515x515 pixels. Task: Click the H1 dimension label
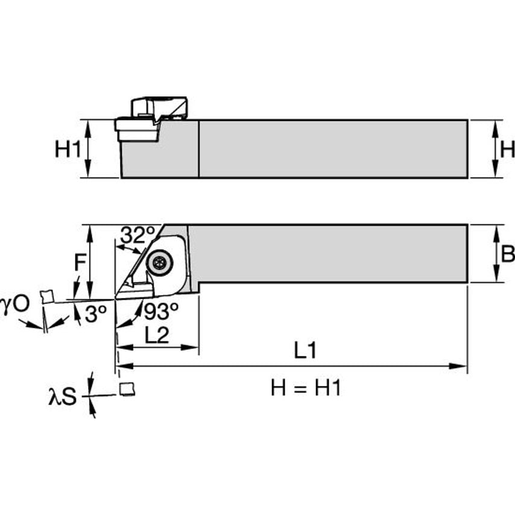pyautogui.click(x=68, y=149)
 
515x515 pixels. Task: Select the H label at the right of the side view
pyautogui.click(x=507, y=149)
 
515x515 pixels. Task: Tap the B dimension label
pyautogui.click(x=508, y=254)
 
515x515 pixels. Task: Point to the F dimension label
pyautogui.click(x=80, y=262)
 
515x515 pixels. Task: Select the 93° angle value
pyautogui.click(x=161, y=312)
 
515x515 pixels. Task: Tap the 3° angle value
pyautogui.click(x=95, y=314)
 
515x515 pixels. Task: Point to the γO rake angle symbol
pyautogui.click(x=14, y=303)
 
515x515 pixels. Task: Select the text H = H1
pyautogui.click(x=306, y=388)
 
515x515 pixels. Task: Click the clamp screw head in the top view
pyautogui.click(x=160, y=262)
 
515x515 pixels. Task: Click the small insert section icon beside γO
pyautogui.click(x=46, y=295)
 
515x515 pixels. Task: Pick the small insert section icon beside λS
pyautogui.click(x=127, y=389)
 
